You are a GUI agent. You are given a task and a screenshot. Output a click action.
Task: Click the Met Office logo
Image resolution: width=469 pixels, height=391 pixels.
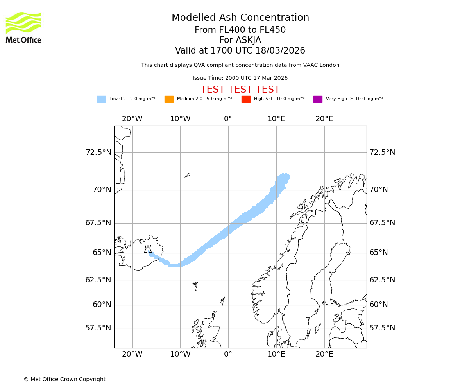point(23,27)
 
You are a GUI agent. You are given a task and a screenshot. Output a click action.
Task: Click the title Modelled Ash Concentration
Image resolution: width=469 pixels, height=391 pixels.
point(240,18)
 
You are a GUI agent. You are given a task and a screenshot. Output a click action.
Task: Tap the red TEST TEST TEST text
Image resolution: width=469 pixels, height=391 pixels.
point(240,90)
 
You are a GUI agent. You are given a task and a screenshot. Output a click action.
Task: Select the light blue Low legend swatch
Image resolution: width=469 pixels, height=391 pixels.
point(101,99)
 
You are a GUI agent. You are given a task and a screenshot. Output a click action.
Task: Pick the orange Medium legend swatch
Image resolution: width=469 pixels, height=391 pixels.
point(169,99)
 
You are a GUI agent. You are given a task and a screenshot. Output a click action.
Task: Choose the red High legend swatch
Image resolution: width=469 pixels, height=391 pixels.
point(246,99)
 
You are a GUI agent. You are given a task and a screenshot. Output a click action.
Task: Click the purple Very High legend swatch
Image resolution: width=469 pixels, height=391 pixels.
point(318,99)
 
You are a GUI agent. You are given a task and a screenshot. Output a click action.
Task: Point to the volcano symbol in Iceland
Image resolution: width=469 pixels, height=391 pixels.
point(148,249)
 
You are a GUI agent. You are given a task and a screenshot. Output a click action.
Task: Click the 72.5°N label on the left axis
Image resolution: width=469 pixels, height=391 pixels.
point(98,152)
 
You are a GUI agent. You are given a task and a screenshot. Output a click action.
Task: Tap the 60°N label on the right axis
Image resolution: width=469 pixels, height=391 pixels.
point(378,305)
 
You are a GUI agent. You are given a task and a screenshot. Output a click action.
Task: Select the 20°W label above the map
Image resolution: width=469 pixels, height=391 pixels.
point(132,119)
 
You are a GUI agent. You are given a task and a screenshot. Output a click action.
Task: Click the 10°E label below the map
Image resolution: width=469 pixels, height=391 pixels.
point(276,354)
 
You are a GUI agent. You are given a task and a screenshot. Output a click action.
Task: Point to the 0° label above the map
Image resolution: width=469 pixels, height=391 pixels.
point(228,119)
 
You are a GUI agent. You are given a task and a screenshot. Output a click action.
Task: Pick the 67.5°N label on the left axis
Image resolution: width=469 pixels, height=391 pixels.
point(98,223)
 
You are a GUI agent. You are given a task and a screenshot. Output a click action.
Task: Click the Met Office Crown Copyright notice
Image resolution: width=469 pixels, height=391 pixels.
point(64,380)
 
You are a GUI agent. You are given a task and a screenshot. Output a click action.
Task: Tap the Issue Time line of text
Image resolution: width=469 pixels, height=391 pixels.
point(240,78)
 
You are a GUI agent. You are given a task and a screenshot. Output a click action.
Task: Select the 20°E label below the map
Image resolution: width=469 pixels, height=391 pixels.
point(324,354)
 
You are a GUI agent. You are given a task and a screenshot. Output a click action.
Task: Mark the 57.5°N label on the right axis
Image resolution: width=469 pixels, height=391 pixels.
point(382,328)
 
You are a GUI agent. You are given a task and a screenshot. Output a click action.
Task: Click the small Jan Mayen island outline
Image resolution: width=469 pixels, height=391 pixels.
point(187,176)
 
